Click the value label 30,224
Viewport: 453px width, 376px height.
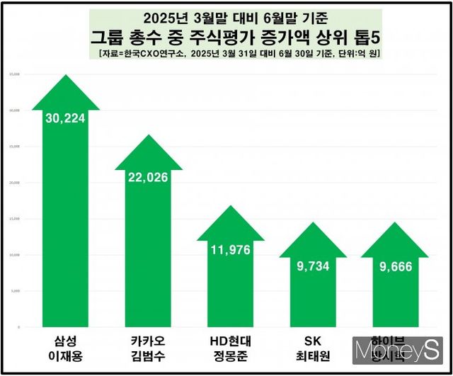click(65, 118)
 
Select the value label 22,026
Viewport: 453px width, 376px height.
click(148, 177)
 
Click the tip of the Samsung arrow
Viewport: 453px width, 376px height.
click(66, 76)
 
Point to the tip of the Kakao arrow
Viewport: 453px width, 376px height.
click(148, 135)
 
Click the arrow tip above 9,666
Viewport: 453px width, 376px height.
click(395, 224)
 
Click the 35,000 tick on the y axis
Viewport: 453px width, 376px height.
click(15, 74)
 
